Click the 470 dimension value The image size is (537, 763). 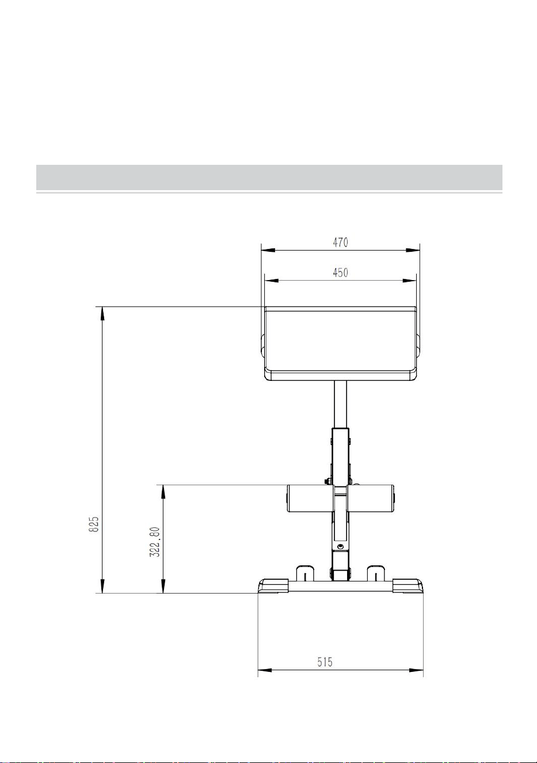(340, 242)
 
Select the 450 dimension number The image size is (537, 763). (340, 273)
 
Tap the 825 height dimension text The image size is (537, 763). (94, 524)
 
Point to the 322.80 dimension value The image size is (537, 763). (155, 542)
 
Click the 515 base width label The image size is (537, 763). (325, 662)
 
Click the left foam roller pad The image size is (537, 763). (310, 498)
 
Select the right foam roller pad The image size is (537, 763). (371, 498)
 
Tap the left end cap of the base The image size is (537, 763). (273, 586)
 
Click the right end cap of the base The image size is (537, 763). (408, 586)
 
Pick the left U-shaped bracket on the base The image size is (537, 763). (305, 573)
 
